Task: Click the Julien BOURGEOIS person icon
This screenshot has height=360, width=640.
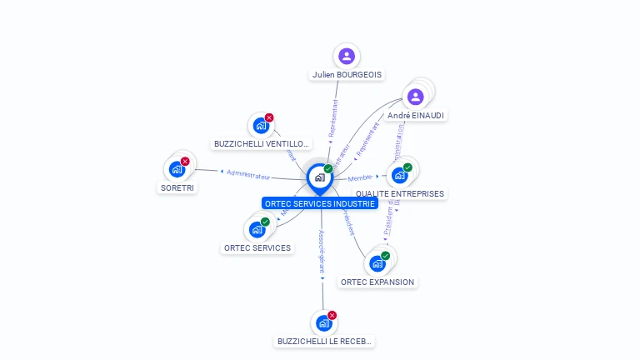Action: [347, 56]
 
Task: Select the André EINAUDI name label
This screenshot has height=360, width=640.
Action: [416, 115]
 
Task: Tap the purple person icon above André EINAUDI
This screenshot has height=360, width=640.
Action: [416, 97]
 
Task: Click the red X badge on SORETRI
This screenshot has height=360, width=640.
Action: [185, 161]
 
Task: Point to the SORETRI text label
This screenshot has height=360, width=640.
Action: [177, 187]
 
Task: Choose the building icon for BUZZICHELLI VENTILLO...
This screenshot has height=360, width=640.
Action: [261, 127]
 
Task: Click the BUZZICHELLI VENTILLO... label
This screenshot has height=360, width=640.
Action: [262, 143]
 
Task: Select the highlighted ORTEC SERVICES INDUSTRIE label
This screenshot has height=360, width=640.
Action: [320, 202]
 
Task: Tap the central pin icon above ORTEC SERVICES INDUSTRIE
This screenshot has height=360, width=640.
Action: [319, 177]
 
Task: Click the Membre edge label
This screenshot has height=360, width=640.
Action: [360, 177]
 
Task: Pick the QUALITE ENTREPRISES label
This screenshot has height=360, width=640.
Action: [400, 193]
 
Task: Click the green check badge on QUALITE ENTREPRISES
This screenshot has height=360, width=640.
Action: [407, 167]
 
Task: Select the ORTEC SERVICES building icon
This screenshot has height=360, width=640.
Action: [257, 229]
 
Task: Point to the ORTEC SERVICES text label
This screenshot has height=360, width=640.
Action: [257, 247]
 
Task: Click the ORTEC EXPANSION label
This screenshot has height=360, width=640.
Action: [377, 282]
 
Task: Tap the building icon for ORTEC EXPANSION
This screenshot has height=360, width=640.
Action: [377, 263]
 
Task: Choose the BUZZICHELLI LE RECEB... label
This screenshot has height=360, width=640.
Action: [324, 341]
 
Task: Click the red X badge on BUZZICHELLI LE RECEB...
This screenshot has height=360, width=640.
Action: [332, 315]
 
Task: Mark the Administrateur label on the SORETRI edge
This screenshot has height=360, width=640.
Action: [248, 175]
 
